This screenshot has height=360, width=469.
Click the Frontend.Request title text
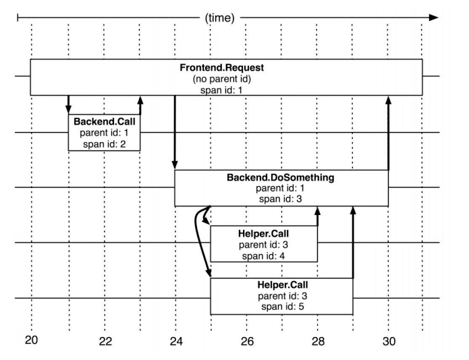[x=226, y=69]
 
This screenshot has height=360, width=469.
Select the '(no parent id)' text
[x=226, y=79]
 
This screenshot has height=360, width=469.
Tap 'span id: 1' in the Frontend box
[x=226, y=90]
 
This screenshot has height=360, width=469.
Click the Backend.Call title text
[x=104, y=121]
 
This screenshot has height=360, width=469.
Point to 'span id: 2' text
[x=104, y=142]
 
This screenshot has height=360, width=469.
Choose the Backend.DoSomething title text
[x=281, y=179]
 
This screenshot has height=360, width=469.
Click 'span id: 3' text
[x=281, y=200]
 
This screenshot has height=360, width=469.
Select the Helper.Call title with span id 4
[x=264, y=233]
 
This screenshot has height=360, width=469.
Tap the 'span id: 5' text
[x=281, y=307]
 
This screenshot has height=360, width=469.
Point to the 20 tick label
[x=32, y=340]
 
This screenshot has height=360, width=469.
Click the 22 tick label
[x=105, y=342]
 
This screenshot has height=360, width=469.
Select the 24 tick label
[x=175, y=342]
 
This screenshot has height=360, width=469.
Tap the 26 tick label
[x=247, y=342]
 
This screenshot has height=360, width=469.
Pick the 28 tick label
[x=318, y=342]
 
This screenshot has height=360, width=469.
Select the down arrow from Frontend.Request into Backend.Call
[x=68, y=104]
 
